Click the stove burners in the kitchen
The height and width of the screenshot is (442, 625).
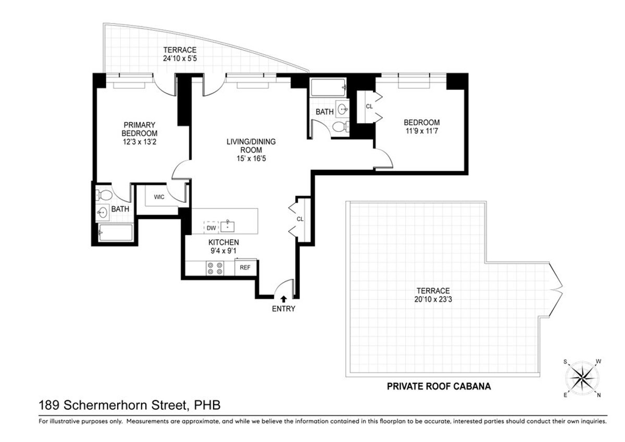[215, 268]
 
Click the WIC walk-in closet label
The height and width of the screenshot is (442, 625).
[159, 197]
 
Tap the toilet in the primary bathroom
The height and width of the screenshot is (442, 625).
[105, 196]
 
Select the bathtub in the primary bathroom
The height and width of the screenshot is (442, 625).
[116, 232]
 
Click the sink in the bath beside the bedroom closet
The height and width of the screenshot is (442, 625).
[343, 109]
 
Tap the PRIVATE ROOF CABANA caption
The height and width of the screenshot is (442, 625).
[439, 387]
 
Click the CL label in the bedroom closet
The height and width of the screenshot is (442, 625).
[369, 106]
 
